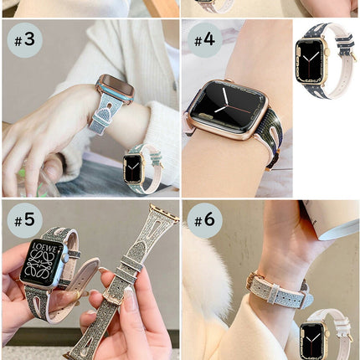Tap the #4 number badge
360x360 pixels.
click(204, 39)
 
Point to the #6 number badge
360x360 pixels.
click(204, 220)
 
